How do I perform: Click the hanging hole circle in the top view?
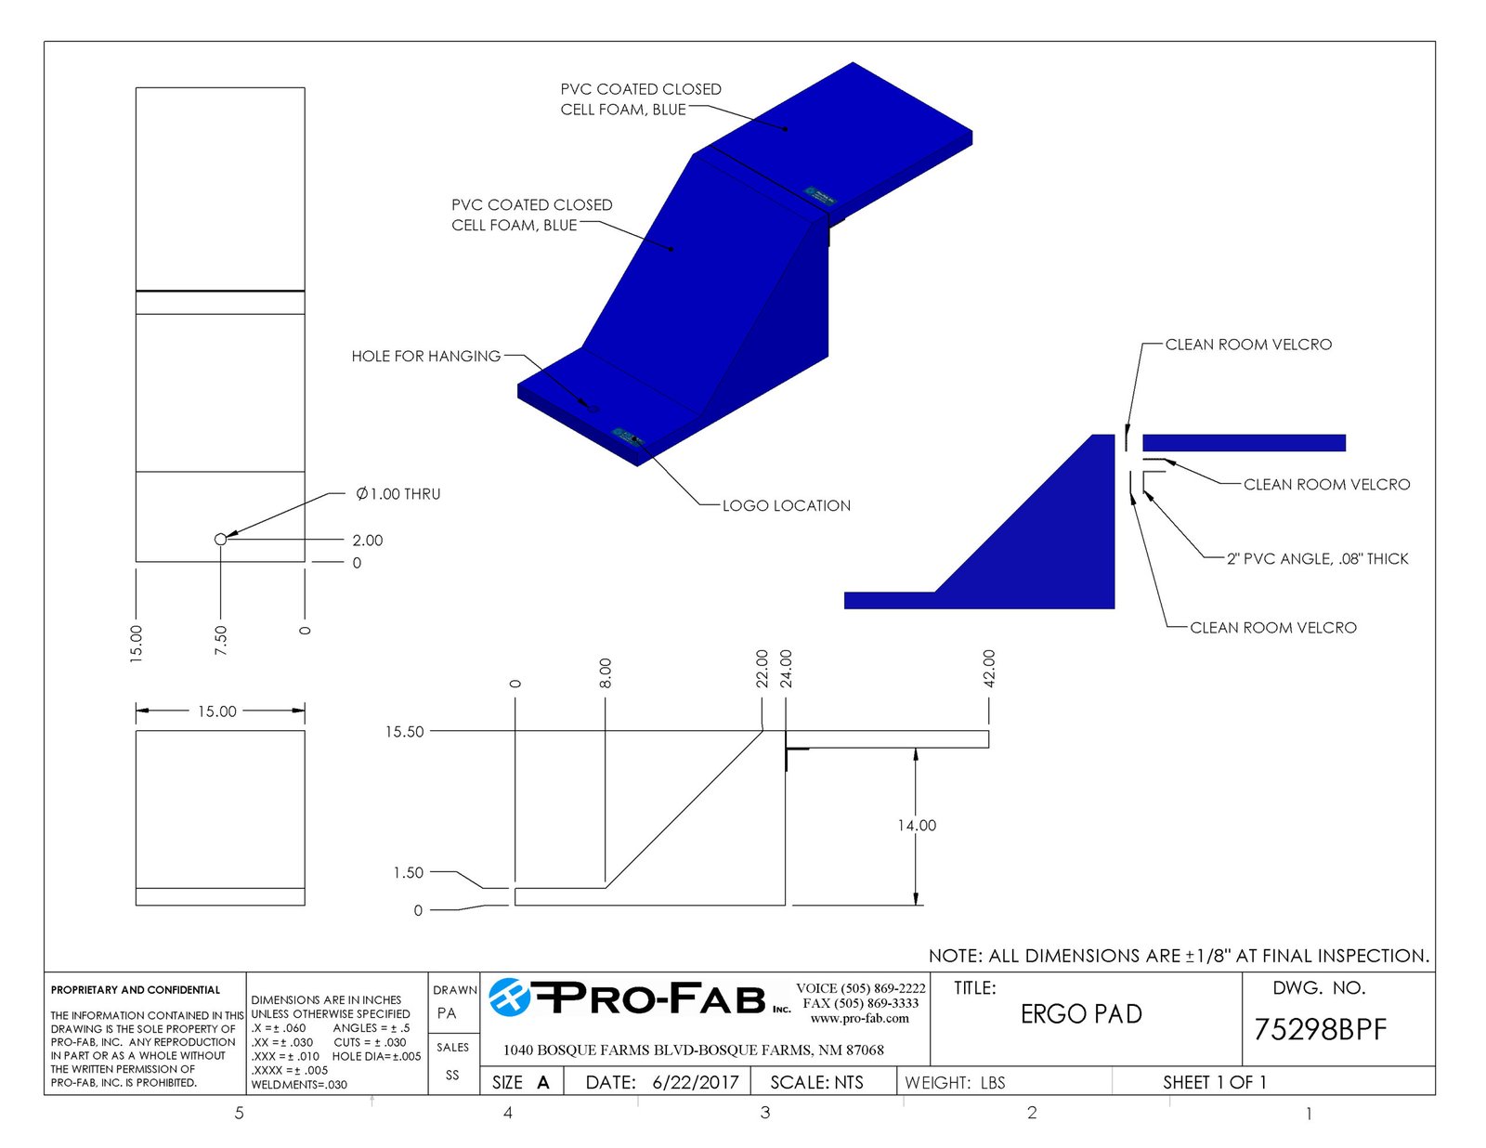[220, 540]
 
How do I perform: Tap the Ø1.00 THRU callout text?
[398, 494]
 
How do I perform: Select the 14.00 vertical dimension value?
[917, 826]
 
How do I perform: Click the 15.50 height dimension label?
[404, 732]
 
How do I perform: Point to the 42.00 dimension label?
[988, 668]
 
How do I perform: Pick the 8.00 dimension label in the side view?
[605, 672]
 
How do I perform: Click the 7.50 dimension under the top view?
[220, 640]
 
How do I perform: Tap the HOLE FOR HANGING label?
[425, 357]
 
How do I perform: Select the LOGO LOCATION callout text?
[787, 506]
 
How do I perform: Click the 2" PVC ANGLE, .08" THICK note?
[1317, 558]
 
